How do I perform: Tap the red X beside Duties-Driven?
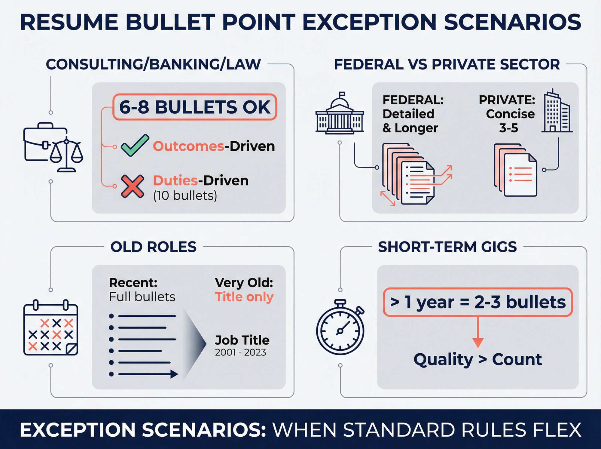click(x=132, y=186)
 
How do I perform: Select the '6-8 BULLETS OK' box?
click(x=194, y=107)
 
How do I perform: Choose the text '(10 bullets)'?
click(x=185, y=196)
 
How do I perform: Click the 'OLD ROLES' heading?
click(x=153, y=247)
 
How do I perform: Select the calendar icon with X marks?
click(x=50, y=328)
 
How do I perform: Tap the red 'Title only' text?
click(x=244, y=297)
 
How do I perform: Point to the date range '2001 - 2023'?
click(x=240, y=352)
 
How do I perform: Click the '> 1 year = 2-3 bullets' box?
click(x=477, y=302)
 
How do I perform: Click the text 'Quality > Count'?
click(x=477, y=359)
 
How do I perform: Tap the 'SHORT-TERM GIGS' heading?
click(x=447, y=247)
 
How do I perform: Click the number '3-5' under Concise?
click(x=508, y=128)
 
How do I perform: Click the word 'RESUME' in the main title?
click(x=69, y=22)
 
